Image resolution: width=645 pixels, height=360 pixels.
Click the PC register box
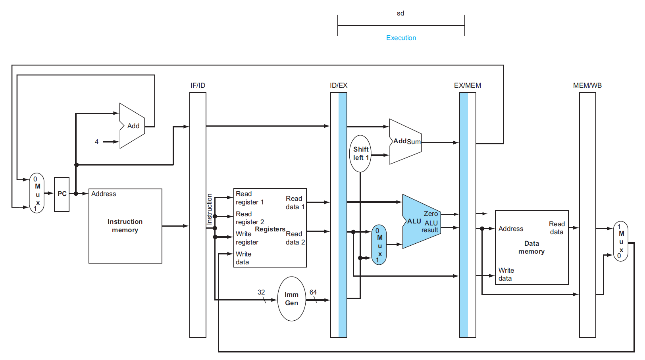tap(62, 194)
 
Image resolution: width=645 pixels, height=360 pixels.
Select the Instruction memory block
tap(125, 226)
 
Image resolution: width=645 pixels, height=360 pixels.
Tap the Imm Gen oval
tap(291, 299)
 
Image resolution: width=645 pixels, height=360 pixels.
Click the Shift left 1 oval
tap(360, 154)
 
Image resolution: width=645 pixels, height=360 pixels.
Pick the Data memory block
tap(531, 247)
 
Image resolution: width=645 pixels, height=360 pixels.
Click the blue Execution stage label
tap(401, 38)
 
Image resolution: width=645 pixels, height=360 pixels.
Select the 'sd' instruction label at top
tap(400, 13)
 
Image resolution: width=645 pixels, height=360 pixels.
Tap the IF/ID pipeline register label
tap(198, 85)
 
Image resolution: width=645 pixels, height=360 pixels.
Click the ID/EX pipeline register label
tap(339, 85)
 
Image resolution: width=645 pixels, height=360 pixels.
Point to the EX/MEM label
tap(468, 85)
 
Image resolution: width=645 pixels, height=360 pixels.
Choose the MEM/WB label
tap(587, 85)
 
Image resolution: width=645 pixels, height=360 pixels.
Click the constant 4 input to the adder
tap(96, 142)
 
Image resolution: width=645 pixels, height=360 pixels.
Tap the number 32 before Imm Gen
tap(261, 292)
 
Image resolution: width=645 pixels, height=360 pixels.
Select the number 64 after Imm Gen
tap(313, 292)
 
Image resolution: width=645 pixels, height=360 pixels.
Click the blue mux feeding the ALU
tap(379, 245)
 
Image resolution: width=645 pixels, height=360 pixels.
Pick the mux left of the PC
tap(37, 193)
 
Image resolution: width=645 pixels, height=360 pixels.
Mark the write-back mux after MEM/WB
tap(621, 241)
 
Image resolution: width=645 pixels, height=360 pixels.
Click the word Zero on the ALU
tap(431, 214)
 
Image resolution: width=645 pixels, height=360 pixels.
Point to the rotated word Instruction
tap(210, 209)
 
